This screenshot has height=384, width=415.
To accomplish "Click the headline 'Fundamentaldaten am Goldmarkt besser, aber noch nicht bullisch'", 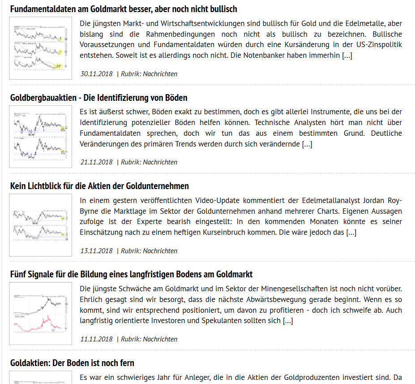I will [x=124, y=9].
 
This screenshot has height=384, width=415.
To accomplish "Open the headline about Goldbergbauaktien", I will [x=98, y=98].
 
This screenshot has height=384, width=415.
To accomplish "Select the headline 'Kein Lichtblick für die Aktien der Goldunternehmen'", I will [x=99, y=186].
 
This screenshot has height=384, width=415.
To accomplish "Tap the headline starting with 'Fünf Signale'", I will [x=131, y=274].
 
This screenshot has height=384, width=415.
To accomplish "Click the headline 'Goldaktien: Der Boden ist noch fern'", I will [x=72, y=363].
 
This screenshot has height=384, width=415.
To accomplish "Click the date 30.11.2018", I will [x=96, y=74].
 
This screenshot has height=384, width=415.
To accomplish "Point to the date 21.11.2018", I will [x=96, y=162].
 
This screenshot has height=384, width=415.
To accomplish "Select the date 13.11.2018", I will [x=96, y=251].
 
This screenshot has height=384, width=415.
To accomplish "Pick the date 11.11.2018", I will [x=96, y=339].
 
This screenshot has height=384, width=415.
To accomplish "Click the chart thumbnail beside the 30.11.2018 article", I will [x=41, y=48].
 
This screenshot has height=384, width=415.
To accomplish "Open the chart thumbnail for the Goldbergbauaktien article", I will [x=41, y=137].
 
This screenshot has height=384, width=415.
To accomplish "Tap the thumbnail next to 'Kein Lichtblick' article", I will [x=41, y=225].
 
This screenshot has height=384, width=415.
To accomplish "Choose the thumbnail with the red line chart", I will [x=41, y=314].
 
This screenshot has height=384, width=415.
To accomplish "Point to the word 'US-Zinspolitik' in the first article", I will [x=379, y=45].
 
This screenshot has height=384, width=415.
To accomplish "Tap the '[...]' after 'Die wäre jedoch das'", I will [x=351, y=232].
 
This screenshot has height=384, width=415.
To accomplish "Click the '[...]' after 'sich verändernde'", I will [x=307, y=144].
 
